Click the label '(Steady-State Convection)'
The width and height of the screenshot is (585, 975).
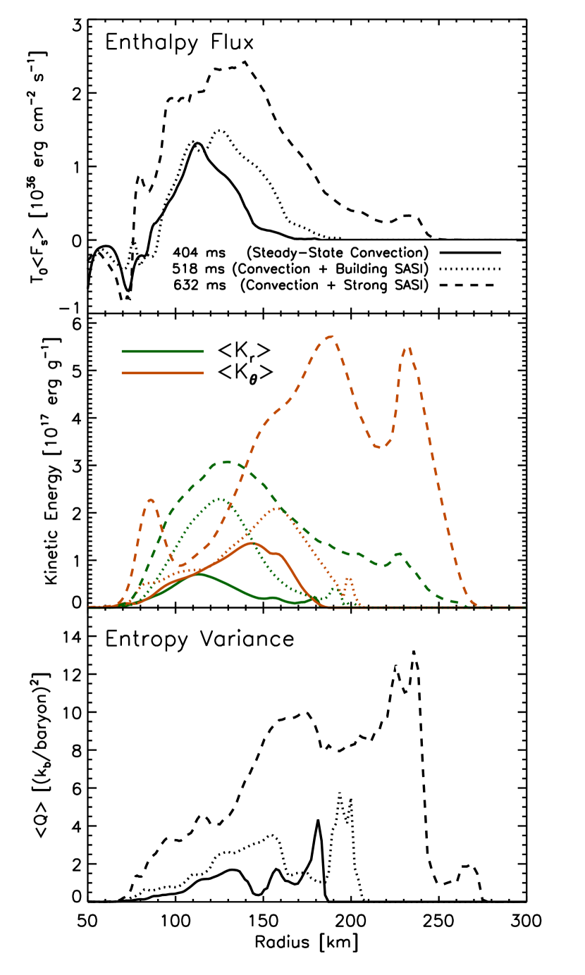[x=337, y=253]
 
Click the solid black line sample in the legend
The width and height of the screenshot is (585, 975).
[x=469, y=252]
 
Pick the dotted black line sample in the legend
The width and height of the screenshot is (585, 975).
[x=469, y=268]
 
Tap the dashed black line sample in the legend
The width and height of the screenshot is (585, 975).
[x=466, y=285]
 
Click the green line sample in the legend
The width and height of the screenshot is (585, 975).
[x=162, y=350]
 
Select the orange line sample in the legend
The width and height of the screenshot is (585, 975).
[x=162, y=373]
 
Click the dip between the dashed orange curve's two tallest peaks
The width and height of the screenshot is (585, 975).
[x=379, y=447]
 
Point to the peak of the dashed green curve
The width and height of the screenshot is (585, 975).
[x=228, y=462]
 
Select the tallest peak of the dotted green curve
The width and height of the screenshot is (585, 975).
[x=221, y=499]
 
